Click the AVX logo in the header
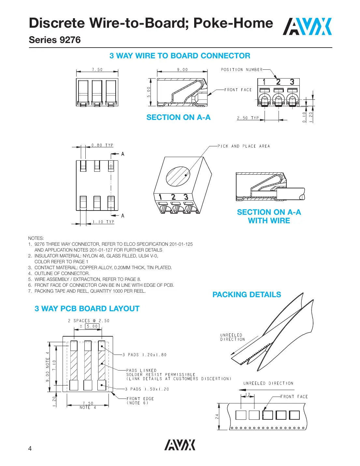click(x=307, y=27)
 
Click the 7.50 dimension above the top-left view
click(x=97, y=70)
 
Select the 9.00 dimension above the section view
click(x=182, y=70)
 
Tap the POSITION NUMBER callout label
click(x=241, y=70)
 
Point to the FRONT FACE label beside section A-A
click(x=238, y=90)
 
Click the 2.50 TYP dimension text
click(x=248, y=118)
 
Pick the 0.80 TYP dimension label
click(x=102, y=145)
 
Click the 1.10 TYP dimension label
click(x=104, y=222)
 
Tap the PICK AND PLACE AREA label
click(x=244, y=146)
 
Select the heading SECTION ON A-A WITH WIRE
click(x=269, y=216)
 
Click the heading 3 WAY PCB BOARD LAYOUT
click(x=87, y=309)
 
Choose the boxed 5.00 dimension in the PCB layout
click(x=92, y=326)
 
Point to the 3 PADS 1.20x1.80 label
click(x=144, y=355)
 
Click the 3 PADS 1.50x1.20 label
click(x=147, y=389)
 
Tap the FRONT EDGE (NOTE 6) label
click(x=140, y=401)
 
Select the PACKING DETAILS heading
click(x=247, y=295)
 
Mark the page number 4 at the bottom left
click(x=30, y=449)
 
